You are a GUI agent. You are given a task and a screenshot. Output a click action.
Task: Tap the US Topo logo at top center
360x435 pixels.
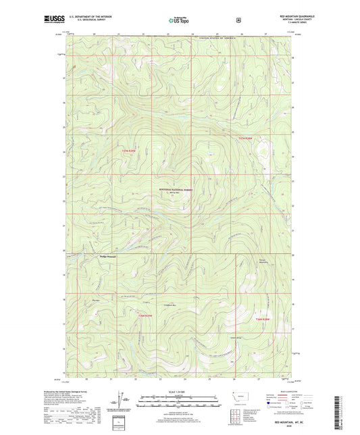(179, 21)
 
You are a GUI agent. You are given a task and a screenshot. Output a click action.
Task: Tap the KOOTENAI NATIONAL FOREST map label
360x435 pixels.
(177, 190)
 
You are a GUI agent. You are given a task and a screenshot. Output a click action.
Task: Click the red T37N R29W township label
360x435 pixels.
(130, 150)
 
